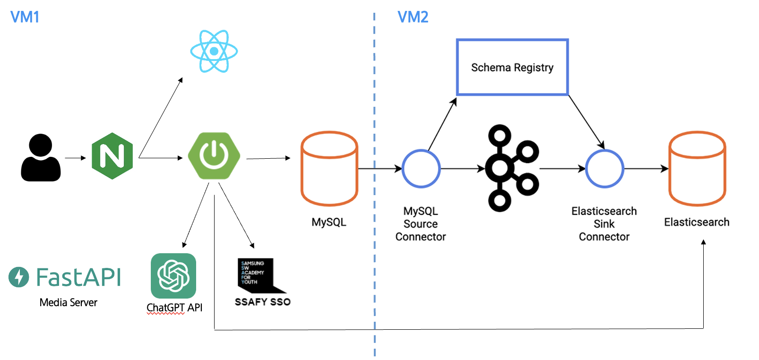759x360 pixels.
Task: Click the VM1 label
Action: pos(25,17)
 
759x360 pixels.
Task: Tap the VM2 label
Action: pos(413,17)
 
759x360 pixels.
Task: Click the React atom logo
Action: pos(214,51)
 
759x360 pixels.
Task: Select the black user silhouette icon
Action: pos(41,158)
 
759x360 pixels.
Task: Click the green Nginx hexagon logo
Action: pos(112,156)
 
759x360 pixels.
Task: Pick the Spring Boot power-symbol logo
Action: pos(214,155)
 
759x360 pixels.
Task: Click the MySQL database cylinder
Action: pos(329,168)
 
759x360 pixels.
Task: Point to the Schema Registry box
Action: pos(512,68)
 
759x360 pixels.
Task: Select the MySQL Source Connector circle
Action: pos(421,169)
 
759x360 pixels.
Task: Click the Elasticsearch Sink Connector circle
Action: pos(604,169)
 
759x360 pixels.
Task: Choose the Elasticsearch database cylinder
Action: pos(697,168)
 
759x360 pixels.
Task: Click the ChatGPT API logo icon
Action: pos(173,276)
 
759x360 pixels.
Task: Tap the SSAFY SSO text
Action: pos(262,302)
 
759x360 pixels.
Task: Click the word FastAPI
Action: pos(78,277)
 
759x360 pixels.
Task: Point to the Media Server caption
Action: pos(69,303)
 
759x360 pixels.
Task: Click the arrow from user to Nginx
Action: pos(75,158)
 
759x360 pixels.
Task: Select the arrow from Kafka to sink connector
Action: pos(562,168)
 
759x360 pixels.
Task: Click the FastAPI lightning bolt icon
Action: pos(19,277)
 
